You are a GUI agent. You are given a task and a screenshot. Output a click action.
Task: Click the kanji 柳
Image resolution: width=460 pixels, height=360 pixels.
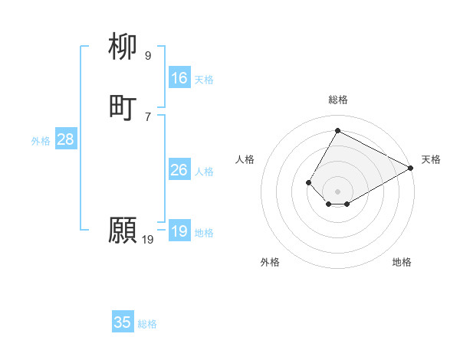point(123,47)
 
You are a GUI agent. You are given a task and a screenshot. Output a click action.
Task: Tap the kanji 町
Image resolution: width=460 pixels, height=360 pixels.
point(123,108)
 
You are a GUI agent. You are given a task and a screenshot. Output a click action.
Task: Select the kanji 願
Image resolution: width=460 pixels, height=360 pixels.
point(123,231)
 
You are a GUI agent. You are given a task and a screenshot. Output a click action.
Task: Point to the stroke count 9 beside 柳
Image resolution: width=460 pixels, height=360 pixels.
point(147,55)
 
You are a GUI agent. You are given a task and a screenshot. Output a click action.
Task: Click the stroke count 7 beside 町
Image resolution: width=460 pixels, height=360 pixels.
point(147,116)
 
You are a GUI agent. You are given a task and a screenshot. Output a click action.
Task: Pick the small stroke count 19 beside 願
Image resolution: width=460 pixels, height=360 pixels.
point(147,239)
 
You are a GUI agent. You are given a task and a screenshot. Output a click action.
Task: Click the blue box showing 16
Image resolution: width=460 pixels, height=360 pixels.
point(179,78)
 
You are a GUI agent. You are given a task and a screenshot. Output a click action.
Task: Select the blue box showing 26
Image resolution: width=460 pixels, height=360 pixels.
point(179,170)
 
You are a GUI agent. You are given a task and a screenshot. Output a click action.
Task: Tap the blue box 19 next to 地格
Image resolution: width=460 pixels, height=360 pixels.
point(179,231)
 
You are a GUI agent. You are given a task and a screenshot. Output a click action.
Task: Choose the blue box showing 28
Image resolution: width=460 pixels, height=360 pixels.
point(65,139)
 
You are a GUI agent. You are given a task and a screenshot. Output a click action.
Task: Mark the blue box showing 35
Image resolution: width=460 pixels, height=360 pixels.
point(123,322)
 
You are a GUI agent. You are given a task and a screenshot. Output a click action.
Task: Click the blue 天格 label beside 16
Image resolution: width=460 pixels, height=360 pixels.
point(204,79)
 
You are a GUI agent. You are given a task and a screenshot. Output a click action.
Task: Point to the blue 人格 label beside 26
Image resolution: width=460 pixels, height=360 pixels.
point(204,171)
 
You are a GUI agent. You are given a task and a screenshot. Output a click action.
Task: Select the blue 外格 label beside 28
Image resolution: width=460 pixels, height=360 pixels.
point(41,140)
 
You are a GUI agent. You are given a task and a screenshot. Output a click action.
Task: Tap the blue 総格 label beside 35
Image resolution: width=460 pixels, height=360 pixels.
point(147,323)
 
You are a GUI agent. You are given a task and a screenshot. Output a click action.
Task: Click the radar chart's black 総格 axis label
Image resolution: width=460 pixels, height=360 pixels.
point(338,100)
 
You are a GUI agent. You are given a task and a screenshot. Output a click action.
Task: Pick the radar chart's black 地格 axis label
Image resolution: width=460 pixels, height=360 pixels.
point(402,262)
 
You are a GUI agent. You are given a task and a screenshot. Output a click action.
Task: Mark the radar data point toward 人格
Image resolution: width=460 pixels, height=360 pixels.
point(308,182)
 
